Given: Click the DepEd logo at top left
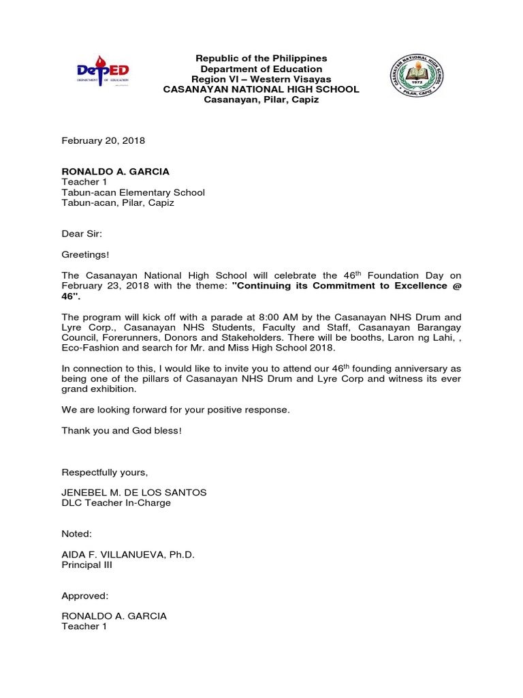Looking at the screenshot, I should pyautogui.click(x=102, y=71).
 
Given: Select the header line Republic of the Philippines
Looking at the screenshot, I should pyautogui.click(x=261, y=59).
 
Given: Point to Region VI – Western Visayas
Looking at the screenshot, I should pyautogui.click(x=261, y=79).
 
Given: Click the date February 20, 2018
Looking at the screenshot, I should pyautogui.click(x=104, y=141).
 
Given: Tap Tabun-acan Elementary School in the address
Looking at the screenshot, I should pyautogui.click(x=133, y=193).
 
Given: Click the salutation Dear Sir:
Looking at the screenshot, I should pyautogui.click(x=82, y=234).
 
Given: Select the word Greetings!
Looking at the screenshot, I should pyautogui.click(x=85, y=254).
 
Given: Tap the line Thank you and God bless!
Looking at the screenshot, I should pyautogui.click(x=122, y=431).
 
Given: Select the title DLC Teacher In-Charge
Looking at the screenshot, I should pyautogui.click(x=116, y=503).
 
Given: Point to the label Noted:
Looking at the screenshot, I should pyautogui.click(x=76, y=534).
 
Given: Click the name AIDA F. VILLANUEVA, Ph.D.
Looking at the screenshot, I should pyautogui.click(x=128, y=555).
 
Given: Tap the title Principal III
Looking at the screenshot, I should pyautogui.click(x=86, y=565).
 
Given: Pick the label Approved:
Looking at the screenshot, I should pyautogui.click(x=85, y=596).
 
